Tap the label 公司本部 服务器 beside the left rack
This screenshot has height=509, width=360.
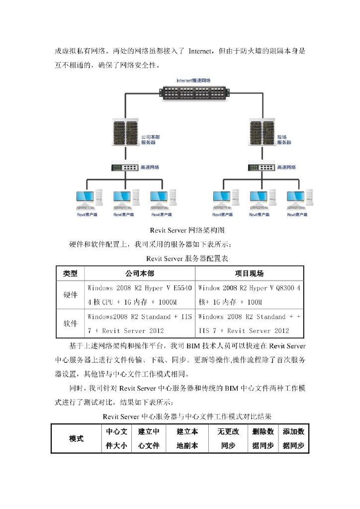150,139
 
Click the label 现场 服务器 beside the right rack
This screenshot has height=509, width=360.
284,139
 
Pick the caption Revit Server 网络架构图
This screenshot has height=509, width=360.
187,231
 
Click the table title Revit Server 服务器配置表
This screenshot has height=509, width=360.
187,258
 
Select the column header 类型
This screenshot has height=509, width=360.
70,273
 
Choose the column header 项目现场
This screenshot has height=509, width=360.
249,273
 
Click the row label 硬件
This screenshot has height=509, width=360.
70,295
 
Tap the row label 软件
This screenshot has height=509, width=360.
70,323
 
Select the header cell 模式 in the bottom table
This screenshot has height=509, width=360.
76,439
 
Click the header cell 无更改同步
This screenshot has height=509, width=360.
228,439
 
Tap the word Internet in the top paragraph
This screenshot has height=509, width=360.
201,51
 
